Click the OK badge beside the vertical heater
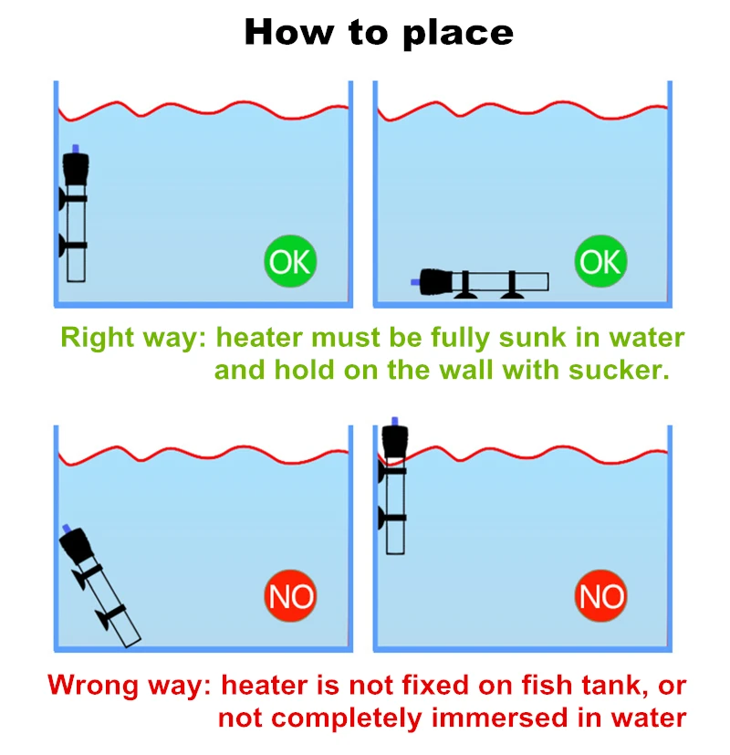(290, 262)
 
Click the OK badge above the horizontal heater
(600, 262)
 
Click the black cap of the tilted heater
(76, 549)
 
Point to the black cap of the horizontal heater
(437, 281)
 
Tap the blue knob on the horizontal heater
(416, 282)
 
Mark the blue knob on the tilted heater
(66, 529)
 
